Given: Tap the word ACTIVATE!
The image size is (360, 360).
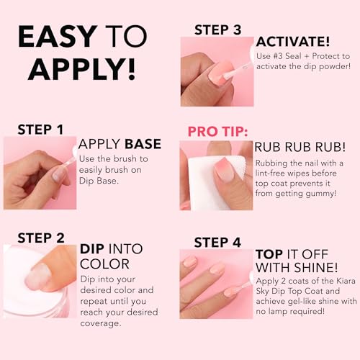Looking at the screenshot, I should tap(293, 41).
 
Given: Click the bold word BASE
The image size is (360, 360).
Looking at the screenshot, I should tap(143, 143).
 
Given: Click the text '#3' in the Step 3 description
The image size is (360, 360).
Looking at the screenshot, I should tap(284, 56).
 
